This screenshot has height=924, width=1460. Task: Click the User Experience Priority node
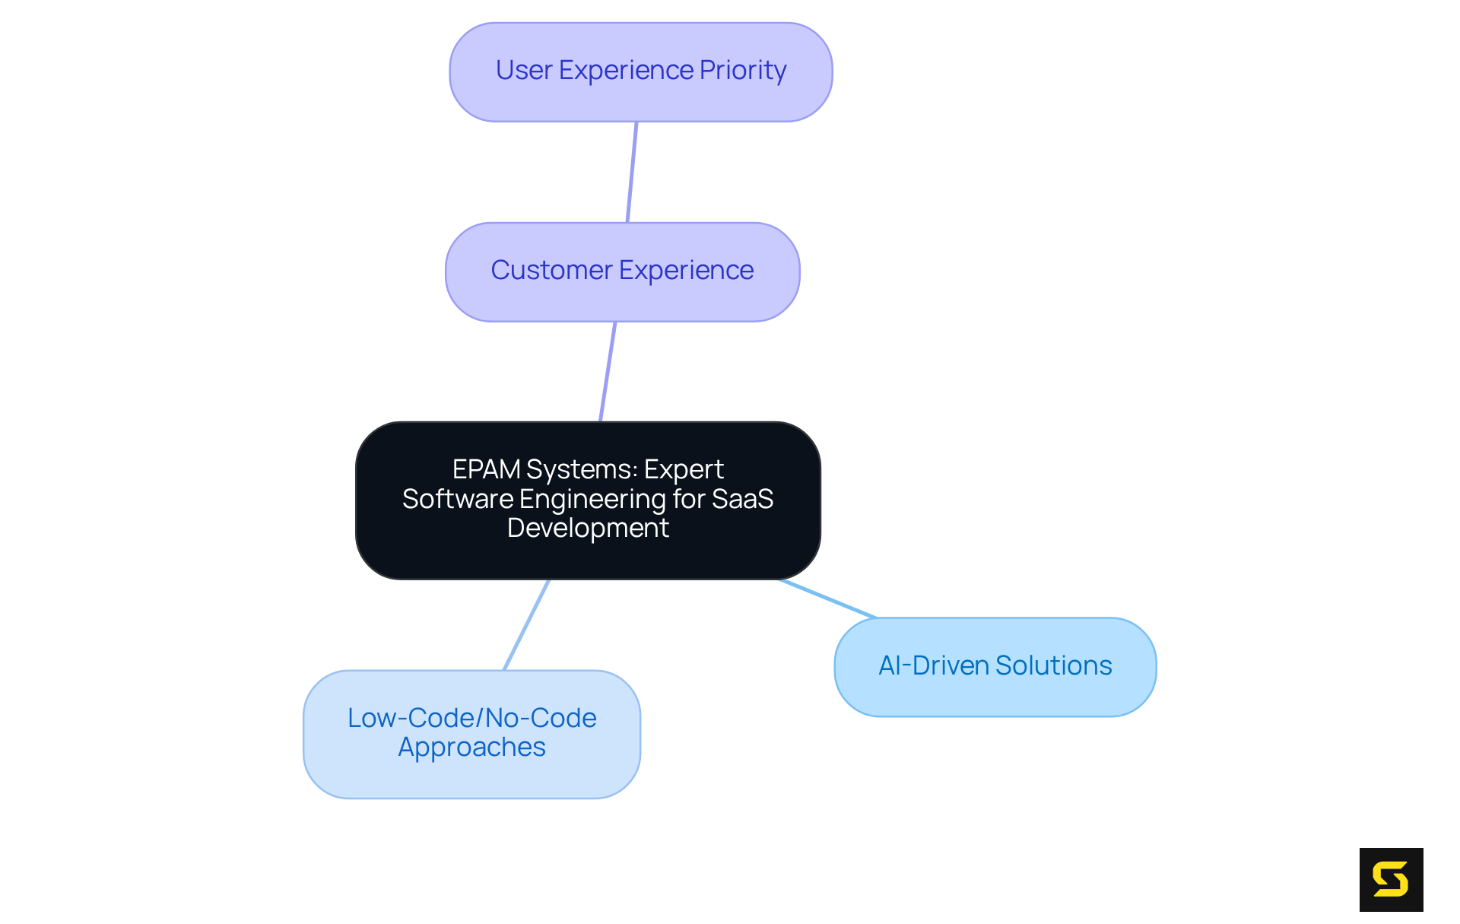click(640, 72)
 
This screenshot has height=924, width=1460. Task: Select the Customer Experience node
click(622, 271)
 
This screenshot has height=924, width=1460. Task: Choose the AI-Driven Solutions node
click(995, 667)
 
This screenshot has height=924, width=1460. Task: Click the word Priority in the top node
click(742, 70)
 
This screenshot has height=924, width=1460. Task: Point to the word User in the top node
click(523, 70)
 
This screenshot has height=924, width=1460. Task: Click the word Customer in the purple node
click(551, 270)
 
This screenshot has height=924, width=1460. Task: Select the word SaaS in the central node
click(742, 499)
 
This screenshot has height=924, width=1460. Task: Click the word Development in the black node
click(588, 528)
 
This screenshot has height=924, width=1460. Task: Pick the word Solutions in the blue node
click(1053, 665)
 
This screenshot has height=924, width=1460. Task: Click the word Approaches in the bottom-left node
click(471, 747)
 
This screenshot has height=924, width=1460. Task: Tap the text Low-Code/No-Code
click(471, 718)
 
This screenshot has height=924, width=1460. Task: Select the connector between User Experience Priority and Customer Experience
click(632, 172)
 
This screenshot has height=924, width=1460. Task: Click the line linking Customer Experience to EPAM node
click(608, 372)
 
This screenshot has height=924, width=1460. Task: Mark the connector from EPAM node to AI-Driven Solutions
click(827, 599)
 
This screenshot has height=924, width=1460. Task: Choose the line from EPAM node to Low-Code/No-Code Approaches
click(526, 625)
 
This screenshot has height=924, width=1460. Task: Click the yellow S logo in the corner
click(1391, 880)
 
